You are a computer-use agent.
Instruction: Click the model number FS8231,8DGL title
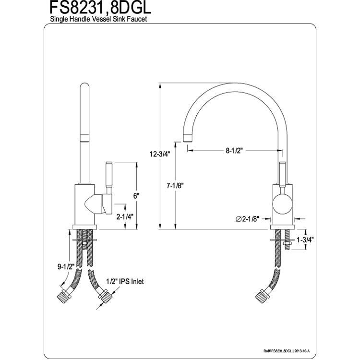pyautogui.click(x=100, y=8)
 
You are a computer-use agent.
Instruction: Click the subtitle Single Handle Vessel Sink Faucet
pyautogui.click(x=98, y=19)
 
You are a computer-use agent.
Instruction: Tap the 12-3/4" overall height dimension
pyautogui.click(x=160, y=154)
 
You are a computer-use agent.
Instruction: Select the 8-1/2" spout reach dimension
pyautogui.click(x=234, y=151)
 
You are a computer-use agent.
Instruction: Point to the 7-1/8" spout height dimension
pyautogui.click(x=176, y=185)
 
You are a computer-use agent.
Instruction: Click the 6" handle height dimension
pyautogui.click(x=136, y=196)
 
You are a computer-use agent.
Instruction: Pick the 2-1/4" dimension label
pyautogui.click(x=125, y=216)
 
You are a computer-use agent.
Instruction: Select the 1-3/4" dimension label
pyautogui.click(x=305, y=240)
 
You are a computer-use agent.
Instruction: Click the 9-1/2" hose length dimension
pyautogui.click(x=66, y=267)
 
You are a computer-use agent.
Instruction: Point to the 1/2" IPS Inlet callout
pyautogui.click(x=125, y=281)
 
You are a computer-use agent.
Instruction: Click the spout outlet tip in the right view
pyautogui.click(x=188, y=138)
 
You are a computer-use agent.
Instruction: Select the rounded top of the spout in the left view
pyautogui.click(x=84, y=87)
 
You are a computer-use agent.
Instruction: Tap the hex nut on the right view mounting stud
pyautogui.click(x=288, y=243)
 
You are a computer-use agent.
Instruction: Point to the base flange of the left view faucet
pyautogui.click(x=84, y=227)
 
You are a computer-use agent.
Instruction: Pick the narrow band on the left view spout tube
pyautogui.click(x=84, y=138)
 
